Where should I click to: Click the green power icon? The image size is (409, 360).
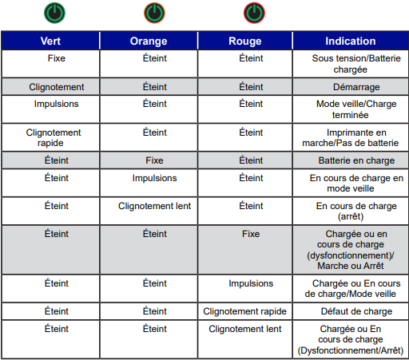coord(56,13)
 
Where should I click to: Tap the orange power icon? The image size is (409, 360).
coord(154,13)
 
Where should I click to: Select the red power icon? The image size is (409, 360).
coord(253,13)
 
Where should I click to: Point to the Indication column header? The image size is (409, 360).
coord(350,41)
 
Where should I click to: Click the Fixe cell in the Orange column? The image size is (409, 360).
coord(154,160)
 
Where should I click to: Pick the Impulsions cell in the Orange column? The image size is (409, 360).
coord(154,178)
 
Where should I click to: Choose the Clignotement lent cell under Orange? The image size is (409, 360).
coord(154,206)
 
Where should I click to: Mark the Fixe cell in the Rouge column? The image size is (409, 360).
coord(250,234)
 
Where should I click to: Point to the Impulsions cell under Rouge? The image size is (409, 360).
coord(250,283)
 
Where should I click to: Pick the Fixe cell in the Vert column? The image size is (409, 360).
coord(57,58)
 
